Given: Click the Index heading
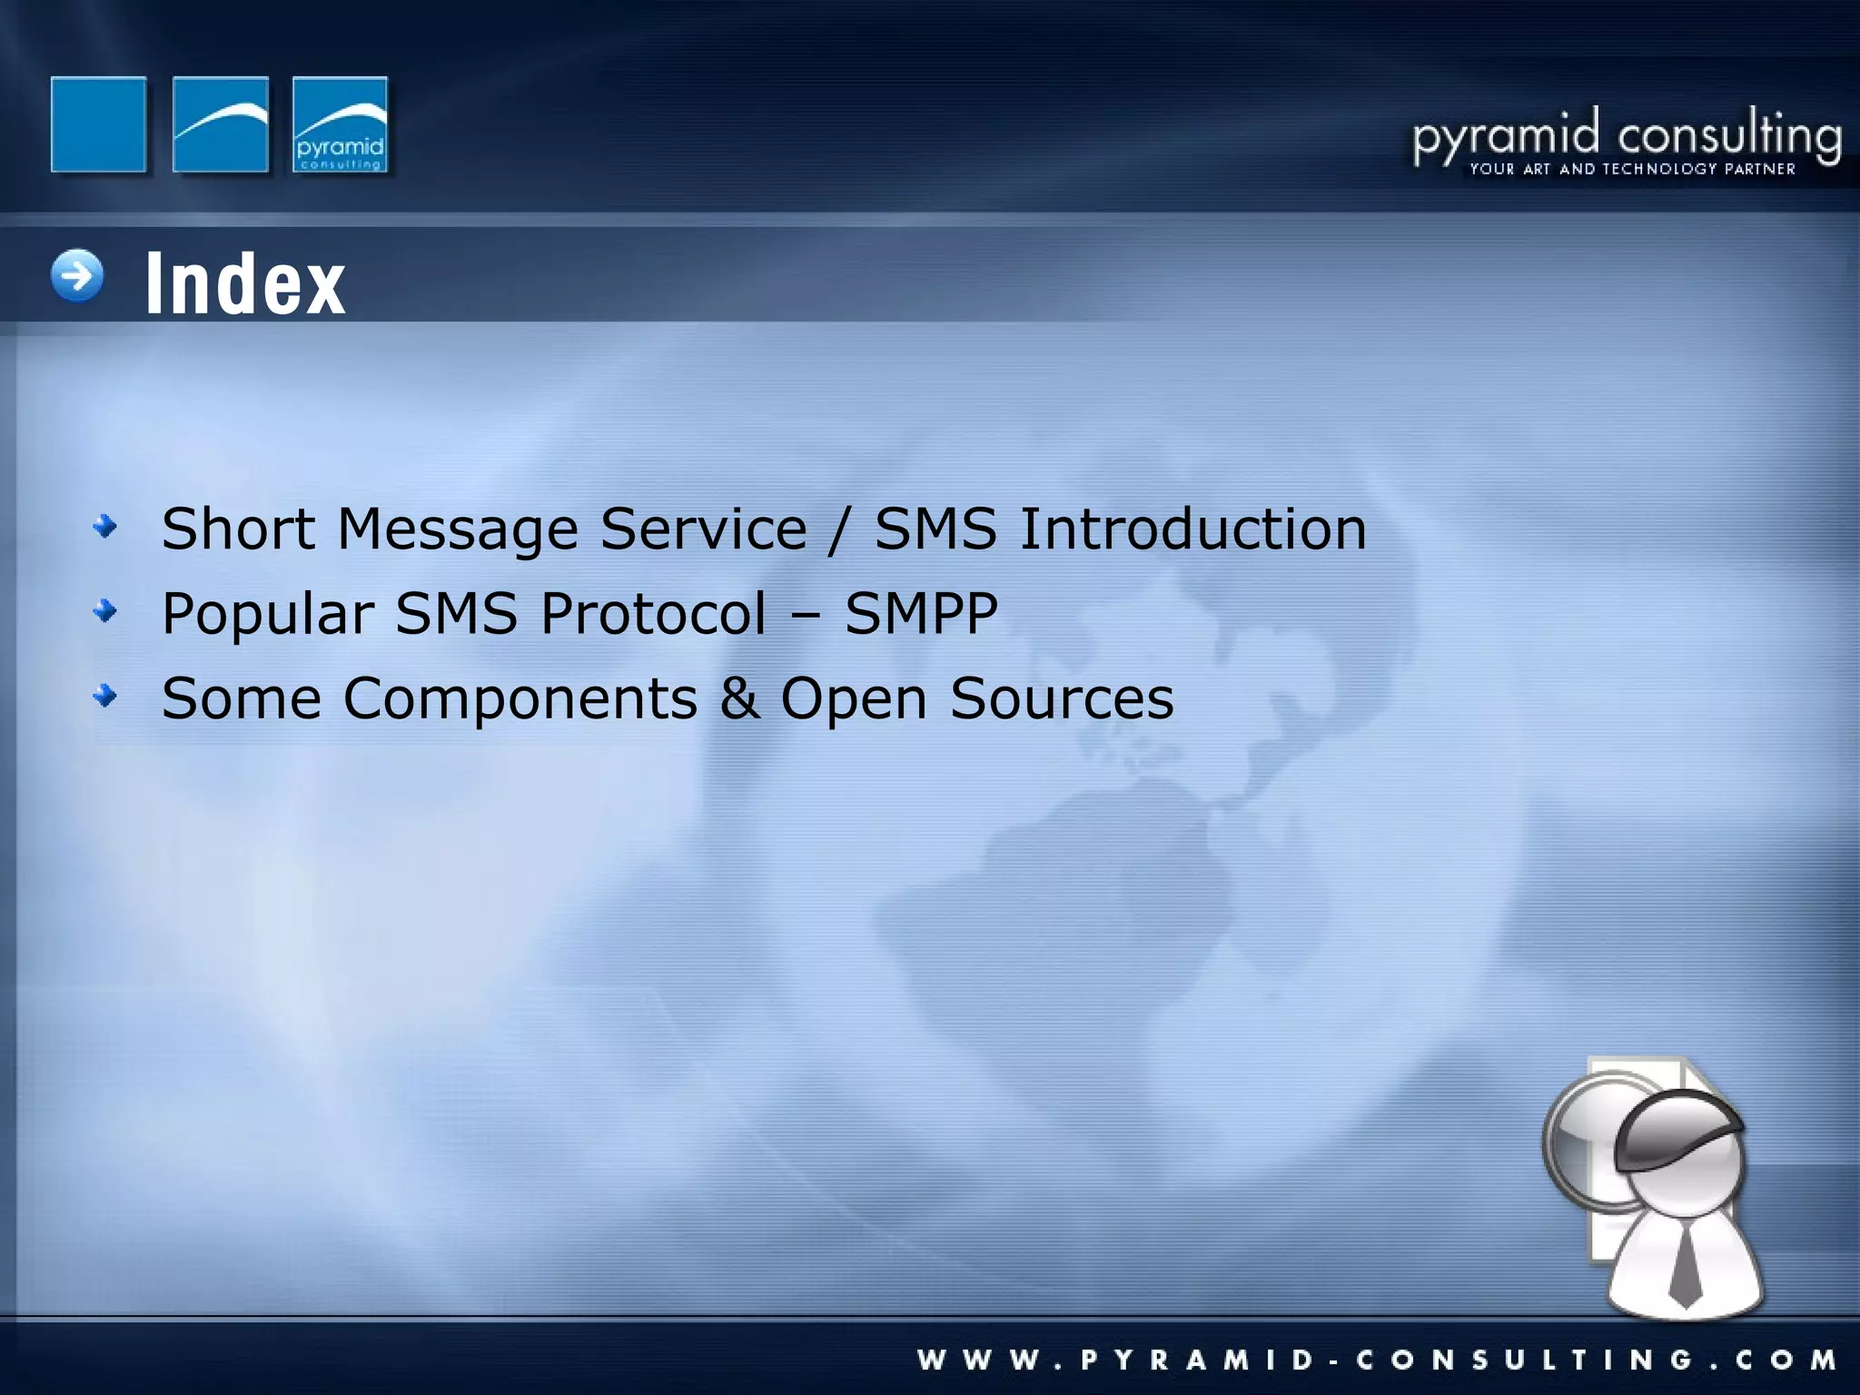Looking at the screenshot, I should click(245, 283).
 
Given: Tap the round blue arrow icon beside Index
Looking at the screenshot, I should click(77, 275).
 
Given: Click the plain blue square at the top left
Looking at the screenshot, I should click(98, 124).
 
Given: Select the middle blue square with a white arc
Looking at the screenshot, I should click(221, 124).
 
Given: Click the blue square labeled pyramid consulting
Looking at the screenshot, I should click(341, 124).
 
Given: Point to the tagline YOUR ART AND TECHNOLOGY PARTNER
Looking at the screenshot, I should click(1632, 169).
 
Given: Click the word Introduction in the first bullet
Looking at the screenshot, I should click(1192, 529).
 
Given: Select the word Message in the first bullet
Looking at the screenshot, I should click(458, 529).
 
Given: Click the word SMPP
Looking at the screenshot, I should click(921, 613).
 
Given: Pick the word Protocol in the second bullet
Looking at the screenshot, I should click(653, 613).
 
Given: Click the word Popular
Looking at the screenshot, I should click(268, 615).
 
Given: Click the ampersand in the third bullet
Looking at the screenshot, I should click(739, 697).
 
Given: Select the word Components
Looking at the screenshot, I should click(519, 699).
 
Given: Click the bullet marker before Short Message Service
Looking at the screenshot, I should click(106, 526).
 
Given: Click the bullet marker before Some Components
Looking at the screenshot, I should click(106, 696).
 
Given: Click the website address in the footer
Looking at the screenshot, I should click(1377, 1360).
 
